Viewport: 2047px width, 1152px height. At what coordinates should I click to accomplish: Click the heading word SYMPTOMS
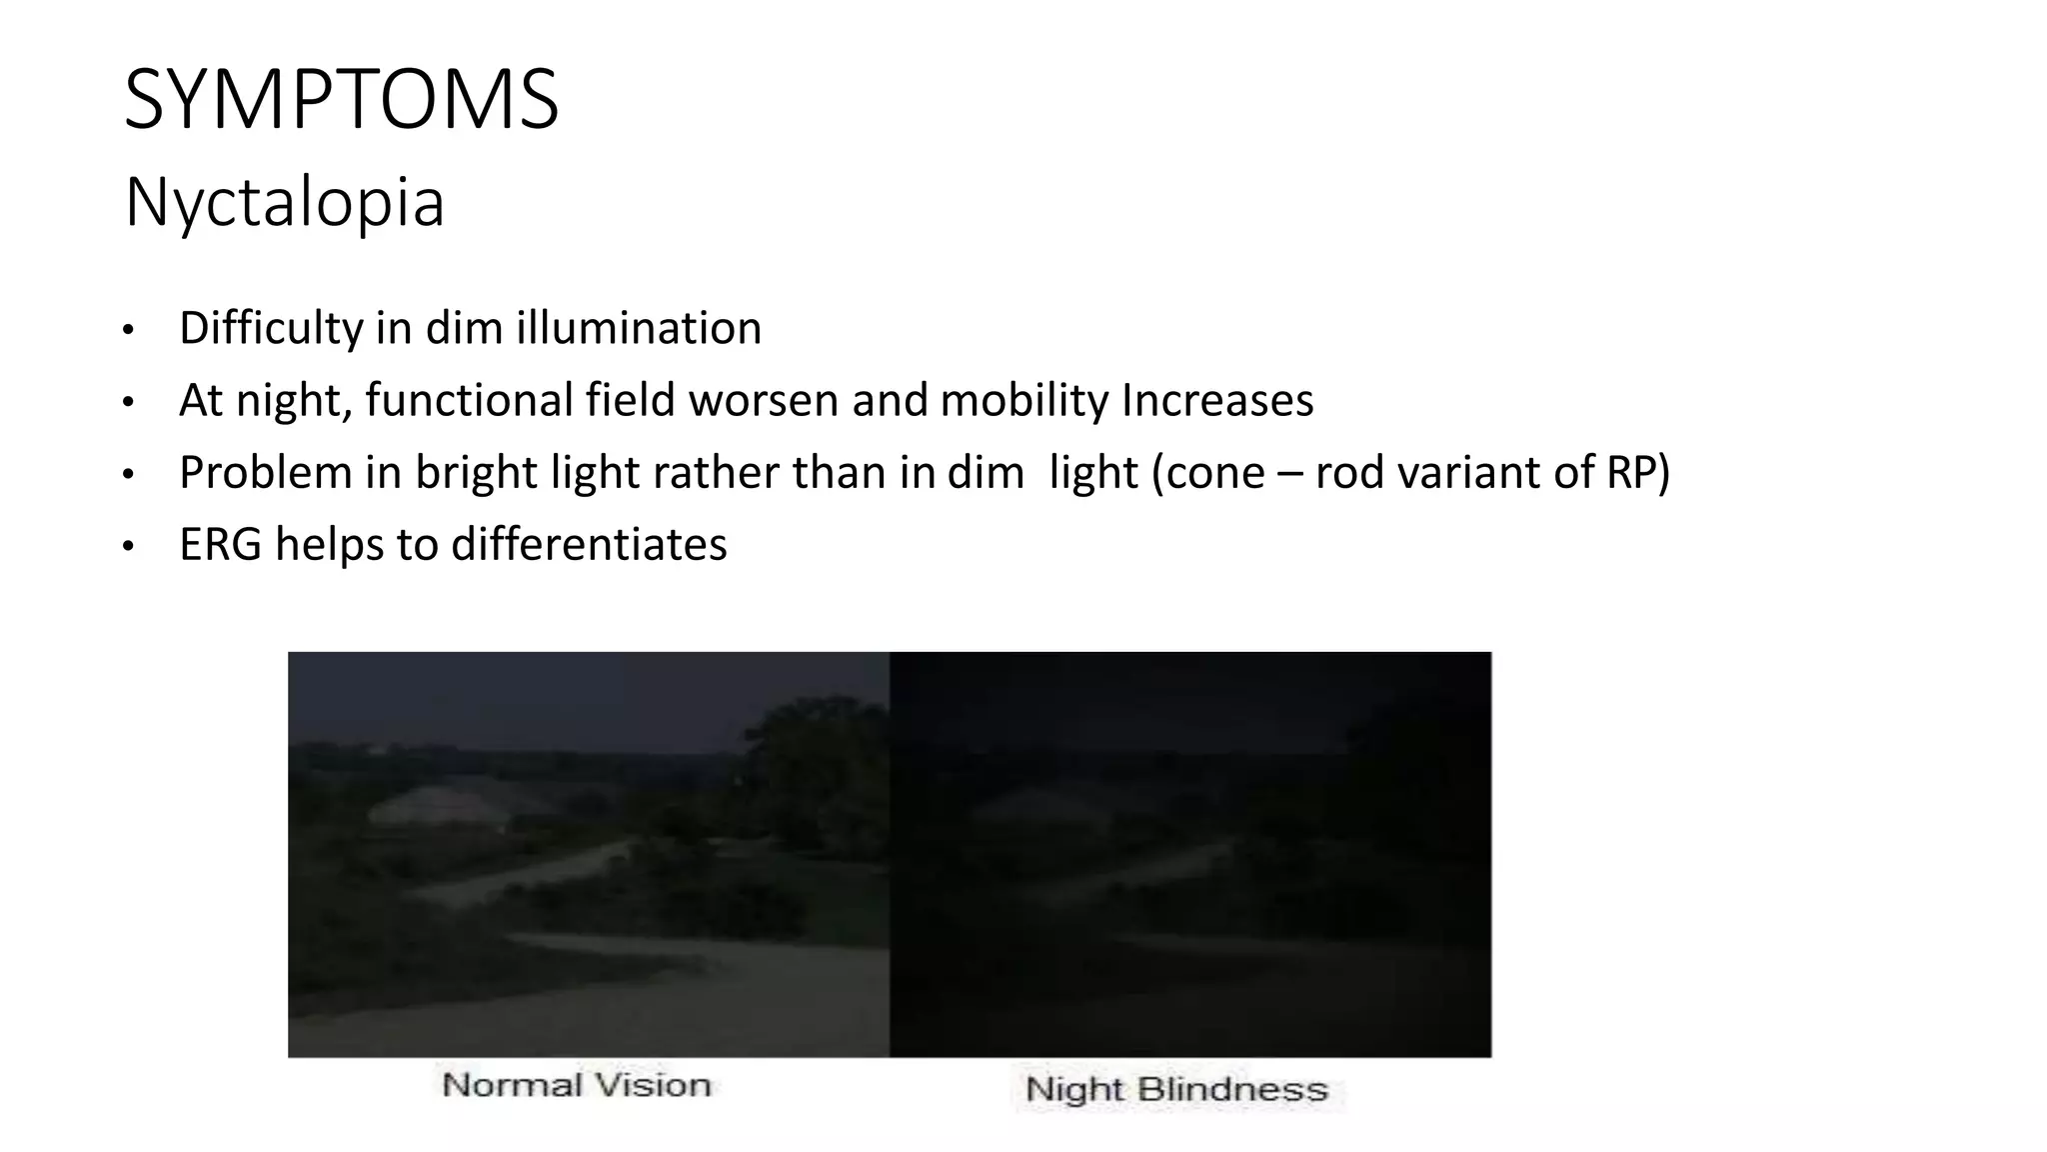tap(341, 99)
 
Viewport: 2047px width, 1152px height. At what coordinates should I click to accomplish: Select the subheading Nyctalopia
tap(284, 203)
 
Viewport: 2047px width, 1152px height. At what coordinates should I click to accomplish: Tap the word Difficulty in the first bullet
tap(271, 328)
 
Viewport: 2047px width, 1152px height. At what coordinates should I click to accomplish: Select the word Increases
tap(1217, 400)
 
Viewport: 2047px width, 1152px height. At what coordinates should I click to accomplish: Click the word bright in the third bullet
tap(476, 472)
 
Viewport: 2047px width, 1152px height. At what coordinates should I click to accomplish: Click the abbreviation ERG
tap(220, 544)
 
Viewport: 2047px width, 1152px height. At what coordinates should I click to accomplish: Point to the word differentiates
tap(589, 544)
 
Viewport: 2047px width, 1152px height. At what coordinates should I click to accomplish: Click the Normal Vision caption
tap(576, 1085)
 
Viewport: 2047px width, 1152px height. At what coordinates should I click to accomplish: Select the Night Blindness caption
tap(1176, 1089)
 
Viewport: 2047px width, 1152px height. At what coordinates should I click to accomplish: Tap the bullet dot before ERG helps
tap(128, 547)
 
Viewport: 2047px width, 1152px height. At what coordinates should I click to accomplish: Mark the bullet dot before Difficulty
tap(128, 331)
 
